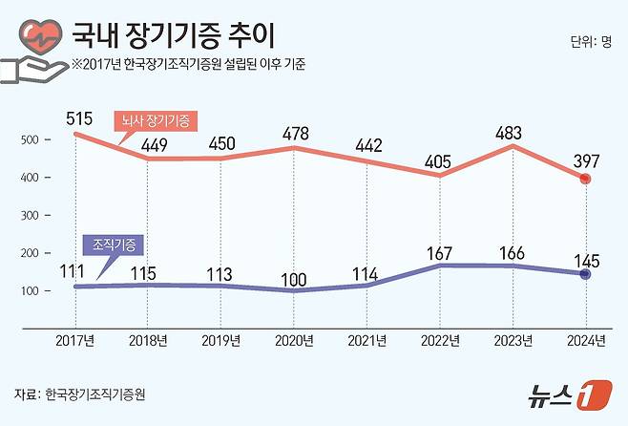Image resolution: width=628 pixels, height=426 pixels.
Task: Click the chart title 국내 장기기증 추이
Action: point(173,36)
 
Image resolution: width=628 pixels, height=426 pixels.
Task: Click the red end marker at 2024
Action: point(586,180)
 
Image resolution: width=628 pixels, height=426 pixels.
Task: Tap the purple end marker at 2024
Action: point(586,274)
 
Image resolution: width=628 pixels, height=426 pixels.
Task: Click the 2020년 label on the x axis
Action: point(295,340)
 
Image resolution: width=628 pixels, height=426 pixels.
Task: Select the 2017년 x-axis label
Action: point(75,340)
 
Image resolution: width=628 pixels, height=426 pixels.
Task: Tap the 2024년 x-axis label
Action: point(585,340)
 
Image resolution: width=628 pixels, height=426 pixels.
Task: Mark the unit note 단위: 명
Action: point(589,41)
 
